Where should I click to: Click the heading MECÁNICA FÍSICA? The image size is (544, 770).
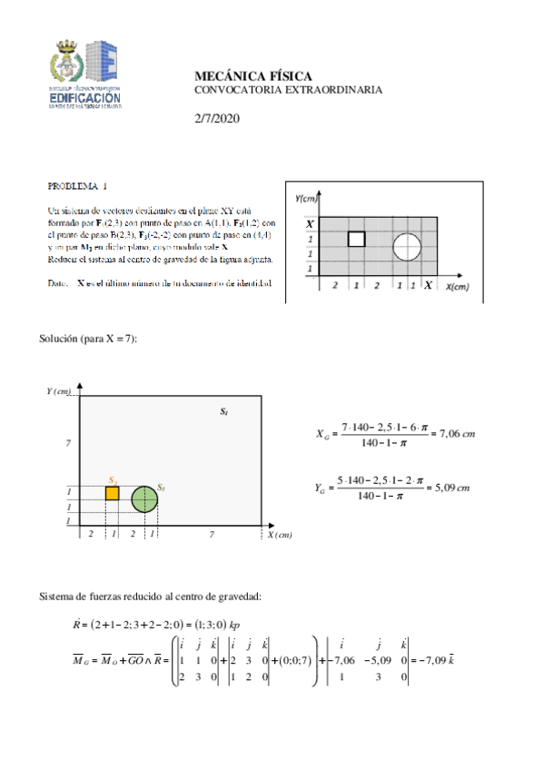(x=253, y=75)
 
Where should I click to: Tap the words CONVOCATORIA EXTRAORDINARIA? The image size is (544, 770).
(x=288, y=90)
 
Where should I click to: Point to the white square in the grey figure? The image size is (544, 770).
(x=357, y=239)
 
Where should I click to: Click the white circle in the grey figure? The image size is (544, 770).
(x=407, y=245)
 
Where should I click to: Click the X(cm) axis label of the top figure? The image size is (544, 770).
(x=457, y=286)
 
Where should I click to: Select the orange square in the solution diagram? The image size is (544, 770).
(x=113, y=493)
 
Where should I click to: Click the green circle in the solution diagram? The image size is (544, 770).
(x=144, y=499)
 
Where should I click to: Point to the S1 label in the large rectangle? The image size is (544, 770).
(x=224, y=412)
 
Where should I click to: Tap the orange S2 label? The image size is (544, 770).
(x=112, y=479)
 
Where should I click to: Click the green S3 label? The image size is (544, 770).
(x=161, y=488)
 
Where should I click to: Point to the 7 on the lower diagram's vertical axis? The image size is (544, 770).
(x=68, y=442)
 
